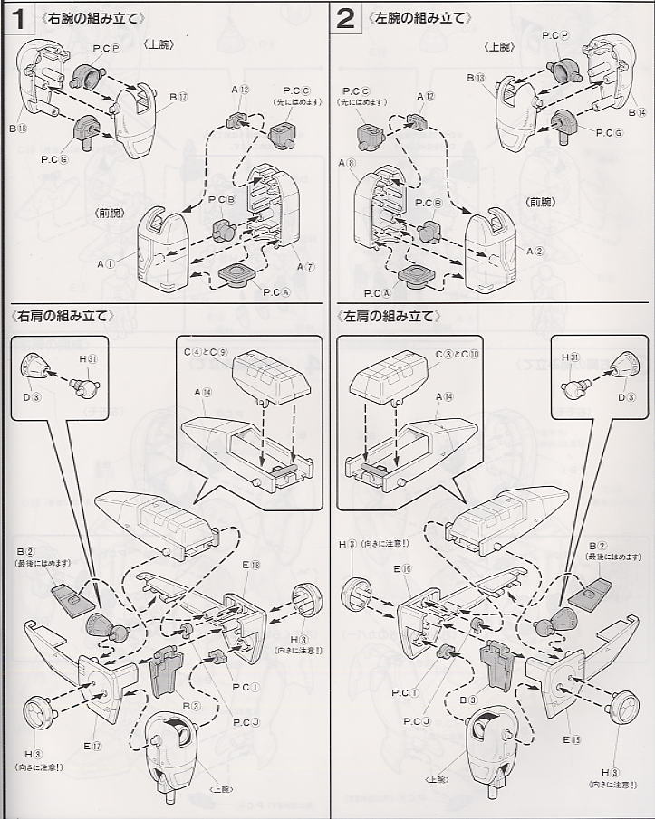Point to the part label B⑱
point(20,129)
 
